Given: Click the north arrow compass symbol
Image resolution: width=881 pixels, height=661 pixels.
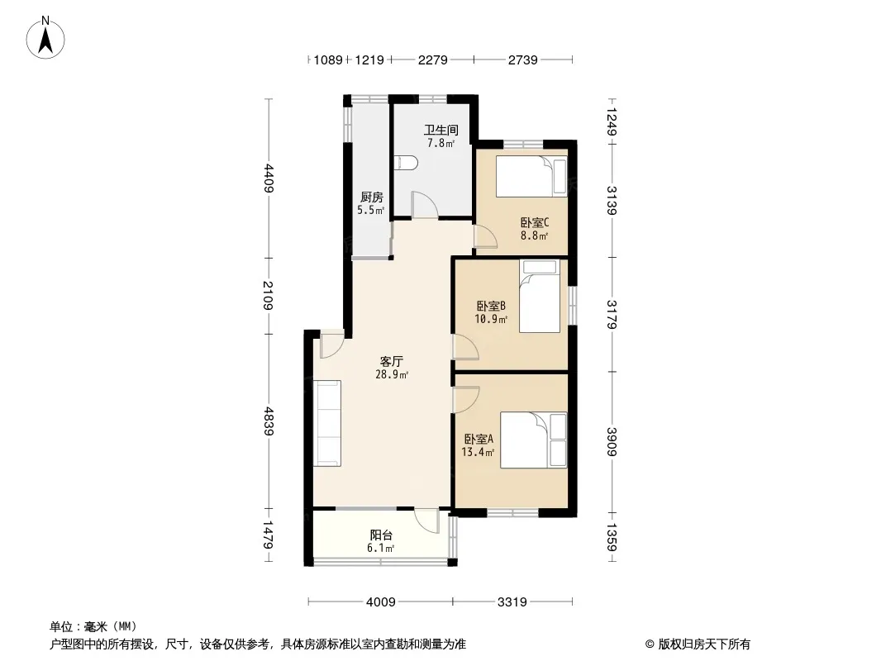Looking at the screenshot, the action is click(x=45, y=37).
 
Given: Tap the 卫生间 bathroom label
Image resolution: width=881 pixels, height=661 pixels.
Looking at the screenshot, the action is click(x=441, y=130).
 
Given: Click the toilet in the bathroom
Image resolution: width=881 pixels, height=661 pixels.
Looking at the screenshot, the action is click(x=407, y=163).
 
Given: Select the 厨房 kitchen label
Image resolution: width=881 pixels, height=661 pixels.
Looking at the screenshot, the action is click(x=371, y=197).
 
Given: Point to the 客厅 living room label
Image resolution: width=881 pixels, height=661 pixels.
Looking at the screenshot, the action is click(x=392, y=361).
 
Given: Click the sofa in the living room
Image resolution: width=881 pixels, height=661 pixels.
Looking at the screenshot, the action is click(x=327, y=423).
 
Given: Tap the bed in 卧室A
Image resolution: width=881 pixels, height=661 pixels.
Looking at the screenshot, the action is click(x=533, y=440).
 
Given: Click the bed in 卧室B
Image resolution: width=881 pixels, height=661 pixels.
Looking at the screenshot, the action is click(x=540, y=296).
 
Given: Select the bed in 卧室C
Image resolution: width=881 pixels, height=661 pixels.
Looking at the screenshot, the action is click(x=531, y=177).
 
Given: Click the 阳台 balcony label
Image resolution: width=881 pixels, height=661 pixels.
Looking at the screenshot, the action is click(x=381, y=535).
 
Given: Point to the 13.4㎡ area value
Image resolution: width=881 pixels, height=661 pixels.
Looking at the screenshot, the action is click(x=479, y=452).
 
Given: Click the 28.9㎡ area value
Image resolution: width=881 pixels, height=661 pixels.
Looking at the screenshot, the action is click(x=392, y=374).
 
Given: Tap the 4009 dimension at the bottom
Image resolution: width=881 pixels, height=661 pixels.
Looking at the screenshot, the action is click(x=381, y=602).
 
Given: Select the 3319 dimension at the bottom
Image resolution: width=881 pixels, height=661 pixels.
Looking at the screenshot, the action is click(x=512, y=602).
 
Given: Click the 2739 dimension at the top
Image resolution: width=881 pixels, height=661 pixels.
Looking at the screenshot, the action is click(x=523, y=59).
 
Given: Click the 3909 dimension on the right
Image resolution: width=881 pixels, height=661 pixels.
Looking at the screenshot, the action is click(x=612, y=442).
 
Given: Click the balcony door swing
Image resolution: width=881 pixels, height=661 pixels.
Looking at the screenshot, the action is click(x=427, y=520).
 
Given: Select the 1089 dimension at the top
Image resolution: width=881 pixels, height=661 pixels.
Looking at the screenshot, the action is click(x=328, y=59).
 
